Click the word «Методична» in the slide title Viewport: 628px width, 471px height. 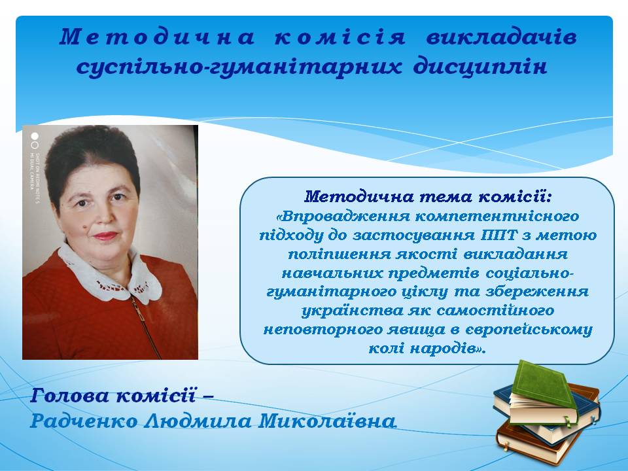pyautogui.click(x=157, y=37)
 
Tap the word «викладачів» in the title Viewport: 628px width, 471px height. pyautogui.click(x=502, y=37)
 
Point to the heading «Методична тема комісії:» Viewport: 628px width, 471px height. pyautogui.click(x=428, y=197)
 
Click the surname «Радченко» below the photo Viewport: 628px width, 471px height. pyautogui.click(x=84, y=421)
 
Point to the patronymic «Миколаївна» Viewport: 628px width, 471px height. pyautogui.click(x=327, y=421)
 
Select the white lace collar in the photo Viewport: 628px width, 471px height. pyautogui.click(x=109, y=275)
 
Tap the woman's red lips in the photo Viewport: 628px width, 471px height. pyautogui.click(x=105, y=235)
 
